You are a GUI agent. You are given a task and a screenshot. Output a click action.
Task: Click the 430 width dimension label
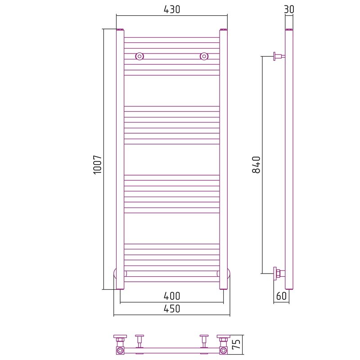pyautogui.click(x=172, y=9)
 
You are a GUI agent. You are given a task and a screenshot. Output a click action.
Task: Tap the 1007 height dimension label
pyautogui.click(x=98, y=164)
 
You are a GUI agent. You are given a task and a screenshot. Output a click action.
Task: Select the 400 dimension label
pyautogui.click(x=172, y=296)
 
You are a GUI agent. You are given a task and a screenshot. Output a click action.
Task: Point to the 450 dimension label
pyautogui.click(x=172, y=309)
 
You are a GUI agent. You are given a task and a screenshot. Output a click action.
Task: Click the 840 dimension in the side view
pyautogui.click(x=256, y=164)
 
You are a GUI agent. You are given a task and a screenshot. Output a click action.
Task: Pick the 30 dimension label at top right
pyautogui.click(x=289, y=9)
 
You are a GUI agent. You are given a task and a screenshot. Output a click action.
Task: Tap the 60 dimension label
pyautogui.click(x=281, y=296)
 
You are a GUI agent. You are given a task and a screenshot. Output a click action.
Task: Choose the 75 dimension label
pyautogui.click(x=237, y=344)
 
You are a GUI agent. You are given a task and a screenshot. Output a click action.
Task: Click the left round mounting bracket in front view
pyautogui.click(x=139, y=56)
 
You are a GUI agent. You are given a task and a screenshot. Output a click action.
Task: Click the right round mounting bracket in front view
pyautogui.click(x=204, y=56)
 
